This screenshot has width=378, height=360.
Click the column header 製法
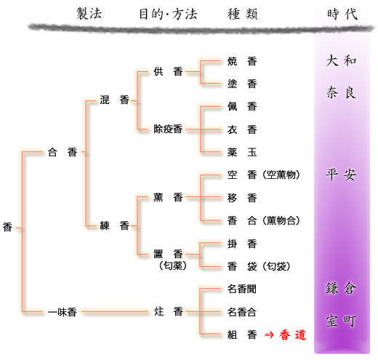pyautogui.click(x=89, y=13)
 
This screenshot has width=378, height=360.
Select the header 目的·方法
pyautogui.click(x=168, y=14)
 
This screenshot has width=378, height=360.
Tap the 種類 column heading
pyautogui.click(x=242, y=14)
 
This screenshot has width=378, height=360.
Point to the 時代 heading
pyautogui.click(x=342, y=14)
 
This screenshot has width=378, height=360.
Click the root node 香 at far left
pyautogui.click(x=7, y=227)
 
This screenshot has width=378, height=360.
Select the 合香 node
pyautogui.click(x=63, y=152)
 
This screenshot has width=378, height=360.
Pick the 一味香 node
pyautogui.click(x=63, y=312)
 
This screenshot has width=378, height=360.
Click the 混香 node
pyautogui.click(x=114, y=100)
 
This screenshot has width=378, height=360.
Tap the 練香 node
pyautogui.click(x=114, y=225)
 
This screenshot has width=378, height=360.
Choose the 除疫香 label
pyautogui.click(x=168, y=129)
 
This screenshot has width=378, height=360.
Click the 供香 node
pyautogui.click(x=168, y=71)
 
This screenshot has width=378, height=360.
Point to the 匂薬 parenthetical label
pyautogui.click(x=173, y=265)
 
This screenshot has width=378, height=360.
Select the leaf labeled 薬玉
pyautogui.click(x=242, y=152)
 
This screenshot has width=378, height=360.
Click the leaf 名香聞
pyautogui.click(x=242, y=289)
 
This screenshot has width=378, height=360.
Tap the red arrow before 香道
pyautogui.click(x=269, y=335)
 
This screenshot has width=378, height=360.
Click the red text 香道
pyautogui.click(x=293, y=335)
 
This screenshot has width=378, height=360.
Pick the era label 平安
pyautogui.click(x=341, y=174)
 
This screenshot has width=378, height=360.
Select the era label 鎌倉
pyautogui.click(x=341, y=288)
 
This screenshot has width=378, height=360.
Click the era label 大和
pyautogui.click(x=341, y=60)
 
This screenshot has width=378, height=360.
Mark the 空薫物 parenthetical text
pyautogui.click(x=281, y=175)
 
